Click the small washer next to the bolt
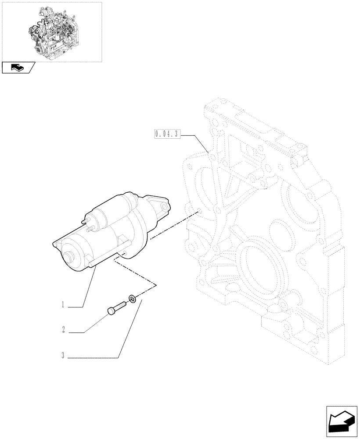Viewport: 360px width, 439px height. coord(132,299)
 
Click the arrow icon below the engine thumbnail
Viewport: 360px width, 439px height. coord(18,68)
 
